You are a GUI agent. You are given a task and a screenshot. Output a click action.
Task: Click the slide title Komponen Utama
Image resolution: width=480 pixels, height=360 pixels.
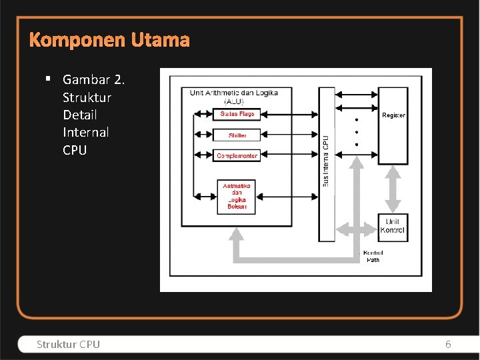pyautogui.click(x=109, y=41)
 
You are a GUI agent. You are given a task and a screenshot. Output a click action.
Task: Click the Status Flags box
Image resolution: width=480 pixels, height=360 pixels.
pyautogui.click(x=237, y=114)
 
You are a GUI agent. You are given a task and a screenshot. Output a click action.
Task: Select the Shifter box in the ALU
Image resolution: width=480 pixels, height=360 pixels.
pyautogui.click(x=237, y=135)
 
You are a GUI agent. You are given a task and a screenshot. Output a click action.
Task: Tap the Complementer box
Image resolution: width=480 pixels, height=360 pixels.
pyautogui.click(x=237, y=156)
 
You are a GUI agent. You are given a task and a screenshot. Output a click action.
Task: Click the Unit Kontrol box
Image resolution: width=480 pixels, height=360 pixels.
pyautogui.click(x=392, y=227)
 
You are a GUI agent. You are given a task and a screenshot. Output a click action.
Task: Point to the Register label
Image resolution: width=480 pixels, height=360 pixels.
pyautogui.click(x=393, y=115)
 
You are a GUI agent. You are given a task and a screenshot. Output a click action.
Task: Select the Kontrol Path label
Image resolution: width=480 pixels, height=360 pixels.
pyautogui.click(x=373, y=256)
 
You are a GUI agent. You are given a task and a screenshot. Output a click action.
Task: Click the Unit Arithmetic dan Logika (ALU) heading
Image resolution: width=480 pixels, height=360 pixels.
pyautogui.click(x=234, y=97)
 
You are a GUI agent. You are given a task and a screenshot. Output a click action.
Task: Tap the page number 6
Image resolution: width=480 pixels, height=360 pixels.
pyautogui.click(x=448, y=345)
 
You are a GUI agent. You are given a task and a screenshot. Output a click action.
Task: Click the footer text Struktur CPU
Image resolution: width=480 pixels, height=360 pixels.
pyautogui.click(x=68, y=345)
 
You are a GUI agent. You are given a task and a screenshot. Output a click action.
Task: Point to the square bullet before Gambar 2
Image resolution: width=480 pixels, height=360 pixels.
pyautogui.click(x=49, y=79)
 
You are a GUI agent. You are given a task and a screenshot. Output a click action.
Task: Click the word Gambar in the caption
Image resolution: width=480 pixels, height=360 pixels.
pyautogui.click(x=86, y=80)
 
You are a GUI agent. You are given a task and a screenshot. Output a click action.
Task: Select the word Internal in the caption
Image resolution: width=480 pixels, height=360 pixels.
pyautogui.click(x=85, y=132)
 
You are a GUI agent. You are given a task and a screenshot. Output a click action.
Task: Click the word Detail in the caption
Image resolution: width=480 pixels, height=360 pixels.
pyautogui.click(x=80, y=115)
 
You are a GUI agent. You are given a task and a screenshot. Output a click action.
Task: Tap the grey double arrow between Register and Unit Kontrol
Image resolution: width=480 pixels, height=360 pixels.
pyautogui.click(x=393, y=189)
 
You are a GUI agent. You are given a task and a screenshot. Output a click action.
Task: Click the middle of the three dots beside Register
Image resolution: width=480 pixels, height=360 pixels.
pyautogui.click(x=356, y=133)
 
